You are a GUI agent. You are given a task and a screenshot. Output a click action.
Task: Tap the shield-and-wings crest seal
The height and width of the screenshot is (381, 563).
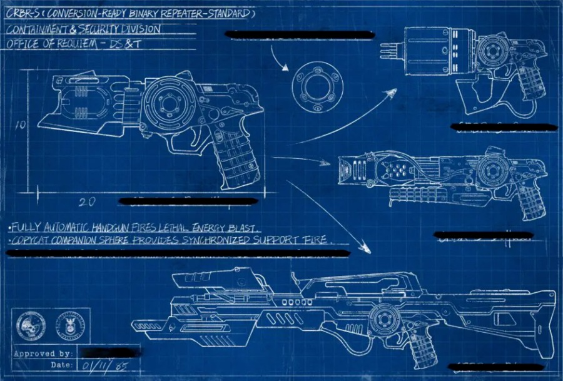tap(65, 325)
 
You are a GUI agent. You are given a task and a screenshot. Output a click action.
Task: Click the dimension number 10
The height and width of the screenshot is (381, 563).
tap(20, 125)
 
